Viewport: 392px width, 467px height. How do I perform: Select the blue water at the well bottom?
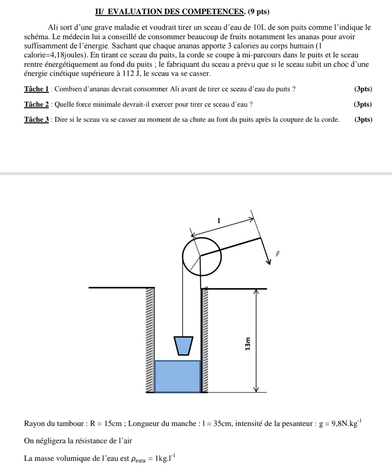point(178,376)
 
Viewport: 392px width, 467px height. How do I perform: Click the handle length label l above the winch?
point(219,220)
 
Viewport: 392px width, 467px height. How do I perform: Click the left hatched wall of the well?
point(150,340)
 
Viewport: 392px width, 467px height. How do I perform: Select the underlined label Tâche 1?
point(37,89)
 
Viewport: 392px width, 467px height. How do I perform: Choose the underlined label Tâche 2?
point(37,104)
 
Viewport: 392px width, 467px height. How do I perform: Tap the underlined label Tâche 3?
point(37,120)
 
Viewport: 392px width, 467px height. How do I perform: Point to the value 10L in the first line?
point(259,28)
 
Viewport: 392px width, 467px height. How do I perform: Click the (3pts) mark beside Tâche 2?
point(363,104)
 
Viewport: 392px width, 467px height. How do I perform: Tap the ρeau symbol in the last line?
point(139,459)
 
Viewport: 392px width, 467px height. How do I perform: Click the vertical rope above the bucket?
point(183,305)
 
